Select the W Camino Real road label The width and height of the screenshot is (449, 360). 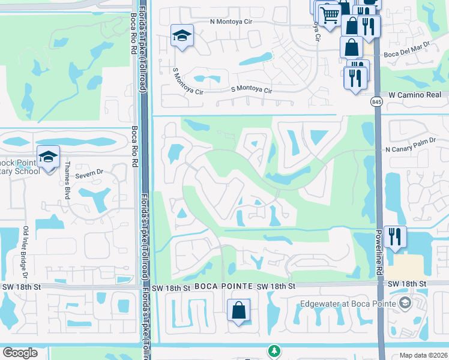(415, 95)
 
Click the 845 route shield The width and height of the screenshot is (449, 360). (376, 103)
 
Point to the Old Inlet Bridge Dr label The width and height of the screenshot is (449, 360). (26, 252)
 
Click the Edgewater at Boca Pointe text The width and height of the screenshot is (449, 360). (347, 304)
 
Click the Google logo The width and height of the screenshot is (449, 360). (20, 353)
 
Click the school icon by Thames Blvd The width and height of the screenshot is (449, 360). (48, 157)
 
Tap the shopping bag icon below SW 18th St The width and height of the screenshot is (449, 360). (239, 311)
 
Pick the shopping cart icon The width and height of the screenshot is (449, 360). (330, 15)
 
